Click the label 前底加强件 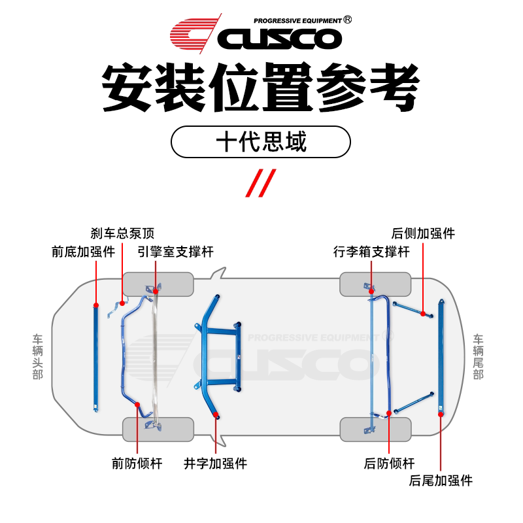click(83, 252)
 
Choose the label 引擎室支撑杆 click(175, 252)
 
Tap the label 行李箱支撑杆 click(371, 252)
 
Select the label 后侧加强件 click(423, 233)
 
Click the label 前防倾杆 click(137, 464)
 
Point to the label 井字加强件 click(215, 464)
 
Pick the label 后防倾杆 click(389, 464)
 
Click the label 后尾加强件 click(441, 481)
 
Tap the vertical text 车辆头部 click(38, 357)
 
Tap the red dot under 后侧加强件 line click(424, 314)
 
